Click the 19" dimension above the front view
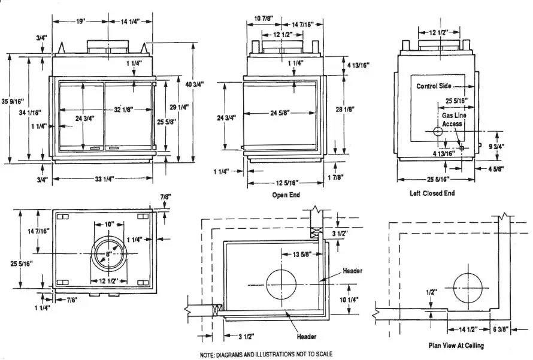point(80,22)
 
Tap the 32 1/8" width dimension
point(123,110)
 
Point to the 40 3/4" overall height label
point(195,84)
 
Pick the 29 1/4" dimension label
point(180,107)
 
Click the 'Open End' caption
point(286,195)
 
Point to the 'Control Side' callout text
point(434,86)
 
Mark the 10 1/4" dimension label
point(348,300)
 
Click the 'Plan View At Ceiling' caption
point(456,346)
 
